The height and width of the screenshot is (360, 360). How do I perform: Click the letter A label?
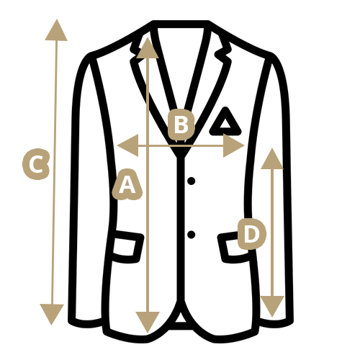tap(127, 185)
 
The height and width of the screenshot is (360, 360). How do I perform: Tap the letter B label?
tap(181, 125)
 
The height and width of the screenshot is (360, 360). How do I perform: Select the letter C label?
tap(36, 164)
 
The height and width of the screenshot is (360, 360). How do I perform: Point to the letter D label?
tap(252, 234)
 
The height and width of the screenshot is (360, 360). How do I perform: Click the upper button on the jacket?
tap(191, 181)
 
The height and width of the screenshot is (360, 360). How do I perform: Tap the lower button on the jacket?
tap(191, 235)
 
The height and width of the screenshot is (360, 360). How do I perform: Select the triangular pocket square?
tap(225, 122)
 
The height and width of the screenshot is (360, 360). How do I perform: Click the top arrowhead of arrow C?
tap(56, 30)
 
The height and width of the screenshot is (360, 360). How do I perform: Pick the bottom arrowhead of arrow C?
tap(52, 315)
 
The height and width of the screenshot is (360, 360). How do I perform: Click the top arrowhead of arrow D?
tap(272, 158)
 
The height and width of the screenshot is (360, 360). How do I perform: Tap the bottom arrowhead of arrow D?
tap(272, 306)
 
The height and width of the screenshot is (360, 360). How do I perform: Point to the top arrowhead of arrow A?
tap(148, 48)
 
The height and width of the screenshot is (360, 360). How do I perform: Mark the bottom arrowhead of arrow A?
tap(148, 323)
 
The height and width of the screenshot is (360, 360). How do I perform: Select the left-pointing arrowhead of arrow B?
tap(128, 145)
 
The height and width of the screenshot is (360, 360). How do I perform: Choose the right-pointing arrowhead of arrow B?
tap(233, 145)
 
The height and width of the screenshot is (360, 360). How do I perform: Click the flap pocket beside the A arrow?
tap(127, 247)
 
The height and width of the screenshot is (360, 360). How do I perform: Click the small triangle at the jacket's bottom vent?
tap(181, 318)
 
